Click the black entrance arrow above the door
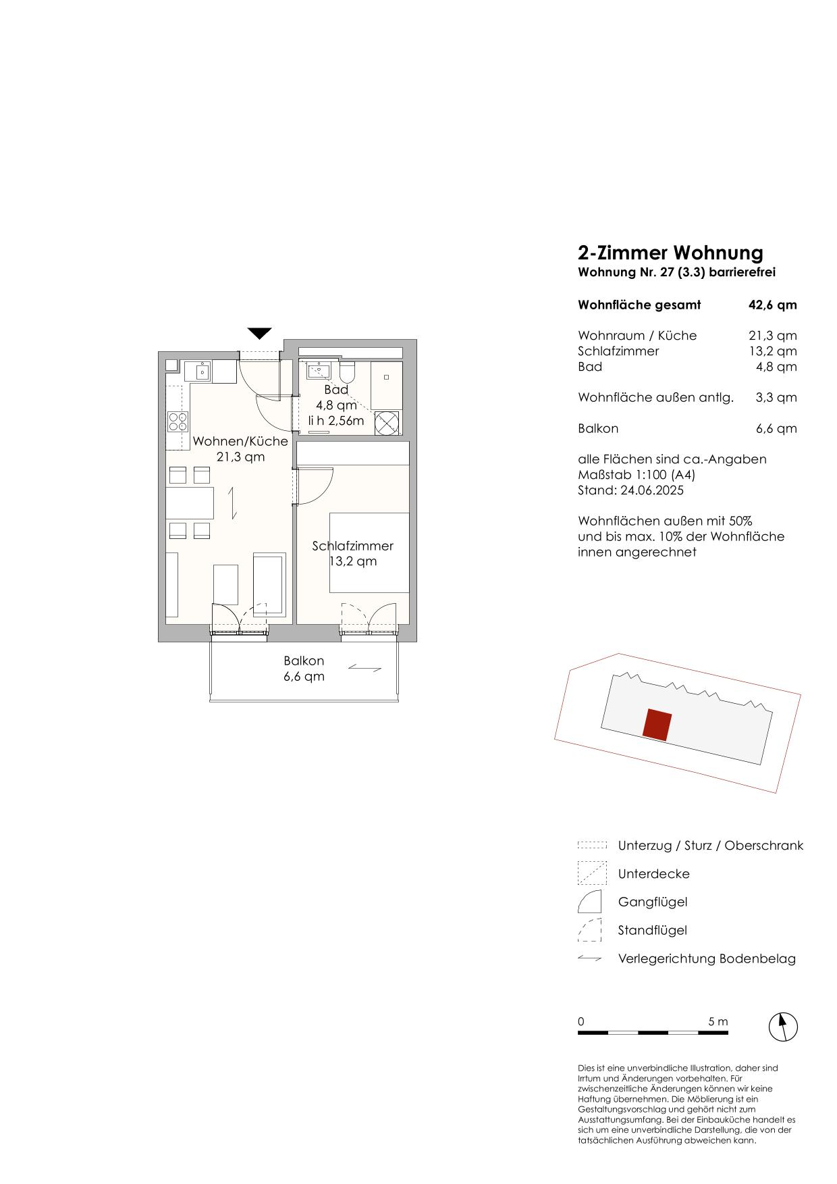[259, 333]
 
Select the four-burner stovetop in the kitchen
[178, 421]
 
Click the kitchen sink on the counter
[200, 371]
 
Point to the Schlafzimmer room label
[352, 546]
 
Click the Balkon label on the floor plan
[304, 661]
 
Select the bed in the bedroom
[369, 552]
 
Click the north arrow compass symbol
[783, 1027]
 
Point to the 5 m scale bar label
[718, 1021]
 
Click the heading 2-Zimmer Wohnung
[670, 253]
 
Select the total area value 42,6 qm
[773, 305]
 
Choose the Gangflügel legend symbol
[589, 902]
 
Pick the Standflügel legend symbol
[589, 930]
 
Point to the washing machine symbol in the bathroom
[387, 423]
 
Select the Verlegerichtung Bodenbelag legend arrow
[589, 958]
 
